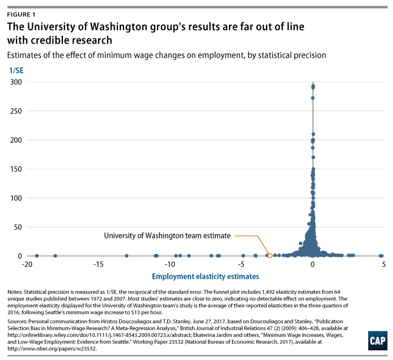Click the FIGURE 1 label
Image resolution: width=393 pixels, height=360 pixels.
pos(24,15)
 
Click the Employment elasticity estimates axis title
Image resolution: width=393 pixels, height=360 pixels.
pos(205,277)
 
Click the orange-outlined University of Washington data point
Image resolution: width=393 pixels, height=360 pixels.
pos(270,256)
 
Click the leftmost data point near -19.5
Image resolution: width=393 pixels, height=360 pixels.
pos(36,256)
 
